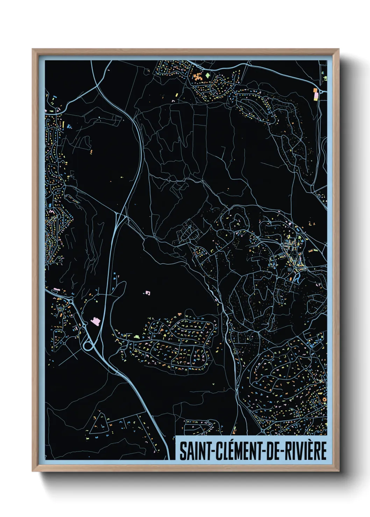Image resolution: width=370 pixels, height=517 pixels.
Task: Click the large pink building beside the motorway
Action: [95, 321]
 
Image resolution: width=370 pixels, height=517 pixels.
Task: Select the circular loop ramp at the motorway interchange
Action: [88, 346]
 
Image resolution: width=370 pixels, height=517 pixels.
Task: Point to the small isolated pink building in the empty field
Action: [148, 293]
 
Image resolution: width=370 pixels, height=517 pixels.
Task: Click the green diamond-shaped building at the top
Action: [207, 75]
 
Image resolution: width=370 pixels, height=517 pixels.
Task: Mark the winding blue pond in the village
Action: [297, 279]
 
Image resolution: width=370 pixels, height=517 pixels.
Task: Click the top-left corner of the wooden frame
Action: [33, 50]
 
